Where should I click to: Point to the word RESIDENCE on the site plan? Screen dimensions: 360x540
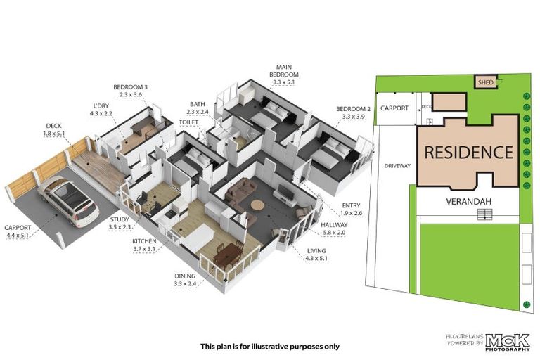[468, 151]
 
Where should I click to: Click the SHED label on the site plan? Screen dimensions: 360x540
[486, 82]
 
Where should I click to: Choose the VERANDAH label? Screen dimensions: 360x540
[468, 200]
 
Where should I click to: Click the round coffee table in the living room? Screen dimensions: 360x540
[257, 206]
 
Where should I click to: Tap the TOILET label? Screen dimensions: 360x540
[188, 121]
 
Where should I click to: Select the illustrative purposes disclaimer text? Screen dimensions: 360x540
[270, 346]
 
